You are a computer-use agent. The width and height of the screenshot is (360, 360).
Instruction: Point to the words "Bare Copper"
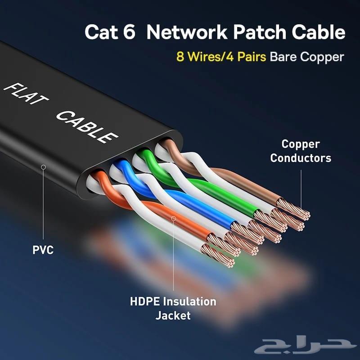[x=307, y=57]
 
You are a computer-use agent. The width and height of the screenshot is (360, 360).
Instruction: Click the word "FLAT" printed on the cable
[x=25, y=95]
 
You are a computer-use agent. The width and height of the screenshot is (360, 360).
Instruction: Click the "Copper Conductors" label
[x=301, y=151]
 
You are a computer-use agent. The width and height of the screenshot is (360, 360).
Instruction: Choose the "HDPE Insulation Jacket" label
[x=173, y=308]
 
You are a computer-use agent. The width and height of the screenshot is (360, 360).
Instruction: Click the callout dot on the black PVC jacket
[x=43, y=167]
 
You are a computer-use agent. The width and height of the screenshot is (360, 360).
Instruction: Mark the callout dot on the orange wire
[x=174, y=218]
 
